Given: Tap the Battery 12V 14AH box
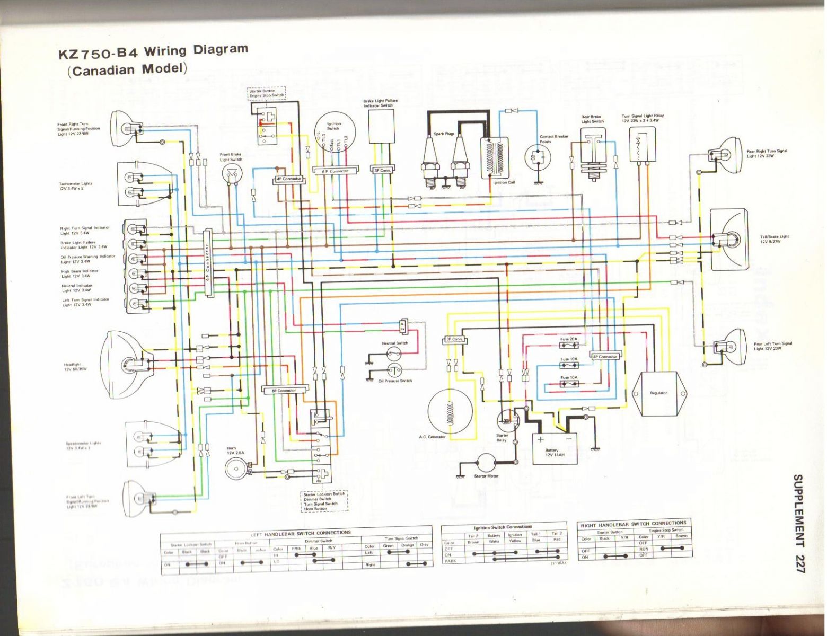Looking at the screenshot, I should point(555,448).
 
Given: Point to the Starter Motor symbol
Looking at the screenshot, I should point(487,464).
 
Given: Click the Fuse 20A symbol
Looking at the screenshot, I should point(569,346).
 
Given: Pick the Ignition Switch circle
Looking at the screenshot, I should point(333,136).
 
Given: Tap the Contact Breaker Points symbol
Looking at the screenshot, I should point(539,156).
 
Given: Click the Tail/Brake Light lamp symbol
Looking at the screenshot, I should point(729,240).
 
